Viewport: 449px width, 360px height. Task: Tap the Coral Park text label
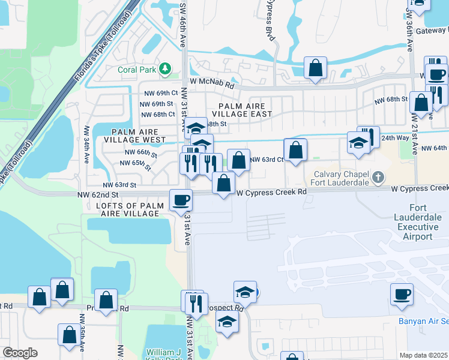click(x=137, y=70)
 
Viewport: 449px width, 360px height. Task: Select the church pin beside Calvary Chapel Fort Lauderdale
click(x=377, y=177)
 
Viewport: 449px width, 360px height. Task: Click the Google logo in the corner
click(x=20, y=352)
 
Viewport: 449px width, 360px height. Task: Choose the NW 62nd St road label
click(x=98, y=195)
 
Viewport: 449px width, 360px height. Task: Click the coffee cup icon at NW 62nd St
click(x=181, y=200)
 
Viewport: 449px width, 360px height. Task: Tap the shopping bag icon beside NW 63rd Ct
click(x=238, y=160)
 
